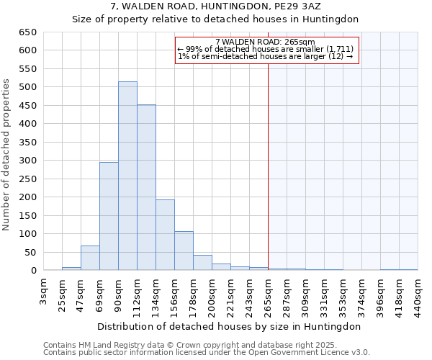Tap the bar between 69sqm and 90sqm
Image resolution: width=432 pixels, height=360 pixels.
109,216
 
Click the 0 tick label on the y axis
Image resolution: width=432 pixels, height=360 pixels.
34,271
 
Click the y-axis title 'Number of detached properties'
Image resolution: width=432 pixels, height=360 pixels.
6,156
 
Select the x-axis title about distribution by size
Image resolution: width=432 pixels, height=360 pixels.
228,326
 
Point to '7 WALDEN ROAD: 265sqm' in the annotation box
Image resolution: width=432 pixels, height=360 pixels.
265,42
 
